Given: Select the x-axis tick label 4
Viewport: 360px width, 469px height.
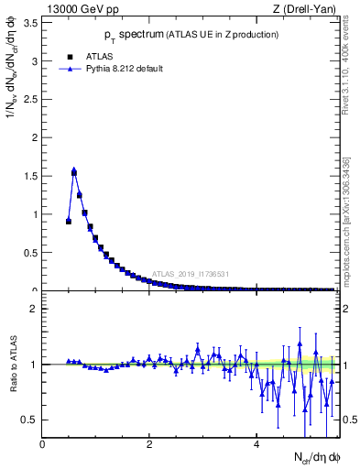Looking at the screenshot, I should click(x=256, y=445).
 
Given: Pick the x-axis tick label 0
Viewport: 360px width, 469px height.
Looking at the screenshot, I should click(x=43, y=445).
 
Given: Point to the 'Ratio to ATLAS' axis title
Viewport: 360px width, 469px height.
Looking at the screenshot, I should click(x=12, y=364).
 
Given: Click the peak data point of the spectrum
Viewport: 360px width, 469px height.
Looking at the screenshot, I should click(x=74, y=171).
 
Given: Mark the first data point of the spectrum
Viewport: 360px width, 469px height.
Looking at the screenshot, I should click(x=69, y=221).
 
